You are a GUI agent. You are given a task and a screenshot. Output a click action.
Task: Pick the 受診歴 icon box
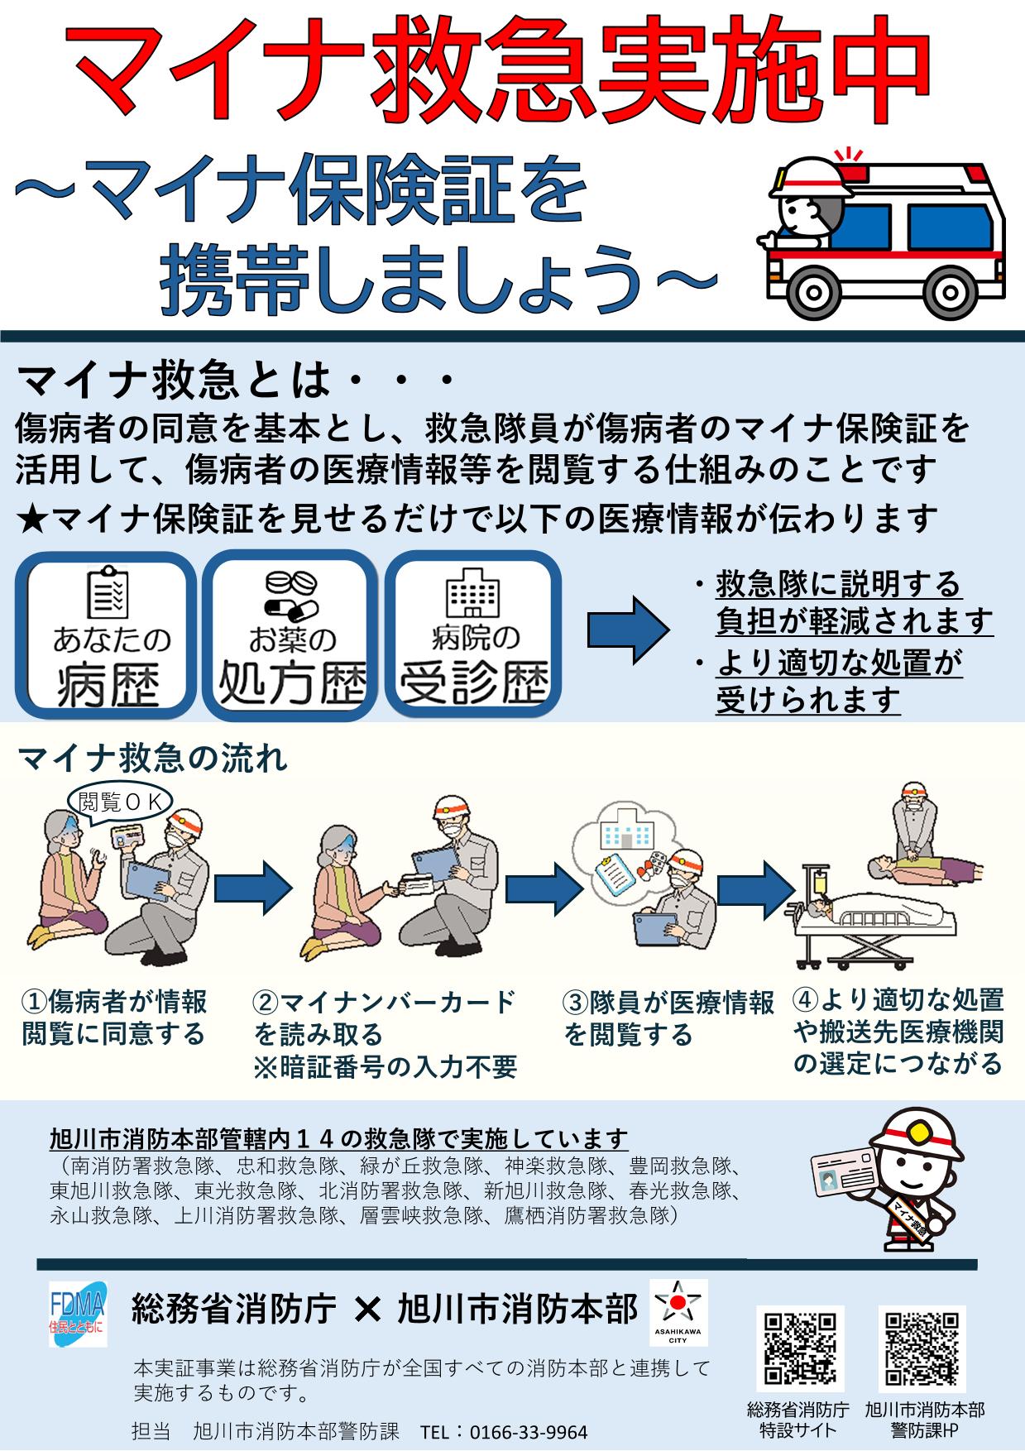point(473,635)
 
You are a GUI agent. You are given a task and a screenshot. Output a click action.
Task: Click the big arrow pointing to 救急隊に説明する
point(628,631)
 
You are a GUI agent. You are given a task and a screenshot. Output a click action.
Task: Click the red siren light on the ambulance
point(846,157)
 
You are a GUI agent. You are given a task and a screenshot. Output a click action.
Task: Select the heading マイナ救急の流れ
point(152,758)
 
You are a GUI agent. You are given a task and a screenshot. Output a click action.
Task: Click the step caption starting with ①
point(114,1018)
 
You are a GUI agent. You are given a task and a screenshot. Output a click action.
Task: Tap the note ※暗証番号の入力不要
point(385,1067)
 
